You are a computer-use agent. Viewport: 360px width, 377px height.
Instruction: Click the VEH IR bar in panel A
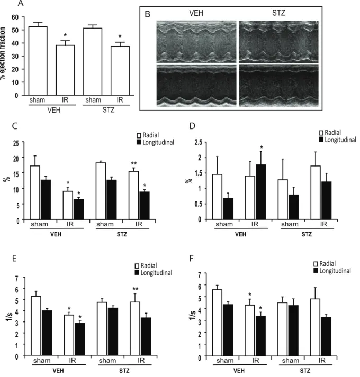click(x=65, y=70)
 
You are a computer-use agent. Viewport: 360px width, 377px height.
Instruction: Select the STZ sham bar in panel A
click(x=93, y=61)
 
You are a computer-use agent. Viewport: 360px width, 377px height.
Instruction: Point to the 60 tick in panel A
click(x=15, y=17)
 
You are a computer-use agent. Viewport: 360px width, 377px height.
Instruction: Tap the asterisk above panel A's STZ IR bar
click(x=120, y=36)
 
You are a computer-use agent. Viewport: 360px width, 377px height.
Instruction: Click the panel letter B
click(x=147, y=14)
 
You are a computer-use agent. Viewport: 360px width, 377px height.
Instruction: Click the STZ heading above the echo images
click(x=278, y=13)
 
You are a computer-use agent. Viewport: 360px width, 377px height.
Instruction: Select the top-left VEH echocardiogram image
click(x=196, y=42)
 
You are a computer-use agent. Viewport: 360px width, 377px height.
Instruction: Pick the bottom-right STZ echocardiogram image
click(x=279, y=85)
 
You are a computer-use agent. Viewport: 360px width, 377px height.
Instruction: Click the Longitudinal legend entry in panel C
click(x=155, y=142)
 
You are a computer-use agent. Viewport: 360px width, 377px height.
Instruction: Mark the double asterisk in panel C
click(x=134, y=164)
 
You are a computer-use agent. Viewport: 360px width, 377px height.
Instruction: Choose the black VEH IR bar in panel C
click(x=79, y=209)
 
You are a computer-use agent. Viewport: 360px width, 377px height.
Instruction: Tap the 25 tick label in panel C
click(x=16, y=143)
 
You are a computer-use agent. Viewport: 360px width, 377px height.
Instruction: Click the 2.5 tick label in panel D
click(x=199, y=142)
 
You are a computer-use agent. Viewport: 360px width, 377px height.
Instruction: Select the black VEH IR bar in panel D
click(x=261, y=192)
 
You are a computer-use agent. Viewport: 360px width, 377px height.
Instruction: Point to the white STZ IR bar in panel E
click(x=135, y=329)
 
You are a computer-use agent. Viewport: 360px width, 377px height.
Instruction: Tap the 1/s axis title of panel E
click(x=10, y=316)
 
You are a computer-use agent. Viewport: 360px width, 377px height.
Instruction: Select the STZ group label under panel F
click(x=305, y=371)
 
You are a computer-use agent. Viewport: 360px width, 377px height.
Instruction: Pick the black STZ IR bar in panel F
click(x=326, y=337)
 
